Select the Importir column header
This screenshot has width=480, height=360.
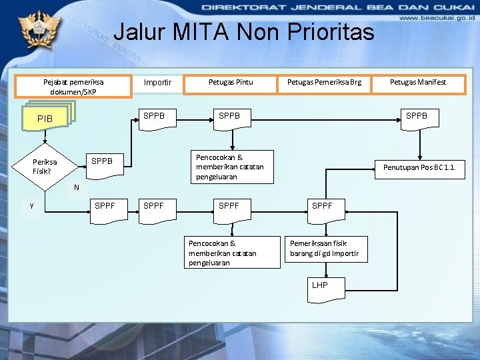pyautogui.click(x=158, y=83)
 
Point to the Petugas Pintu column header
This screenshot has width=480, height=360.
pyautogui.click(x=231, y=83)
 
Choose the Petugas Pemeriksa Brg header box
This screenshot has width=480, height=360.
pyautogui.click(x=324, y=83)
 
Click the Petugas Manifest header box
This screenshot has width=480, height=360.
pyautogui.click(x=419, y=83)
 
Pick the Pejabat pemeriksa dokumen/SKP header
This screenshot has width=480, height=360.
pyautogui.click(x=78, y=87)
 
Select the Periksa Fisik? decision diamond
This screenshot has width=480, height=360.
pyautogui.click(x=45, y=166)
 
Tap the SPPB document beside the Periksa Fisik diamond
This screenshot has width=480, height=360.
pyautogui.click(x=106, y=162)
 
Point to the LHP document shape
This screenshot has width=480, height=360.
pyautogui.click(x=325, y=287)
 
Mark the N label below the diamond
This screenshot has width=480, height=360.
pyautogui.click(x=77, y=187)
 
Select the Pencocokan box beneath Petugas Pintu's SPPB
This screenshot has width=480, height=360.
pyautogui.click(x=233, y=167)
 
